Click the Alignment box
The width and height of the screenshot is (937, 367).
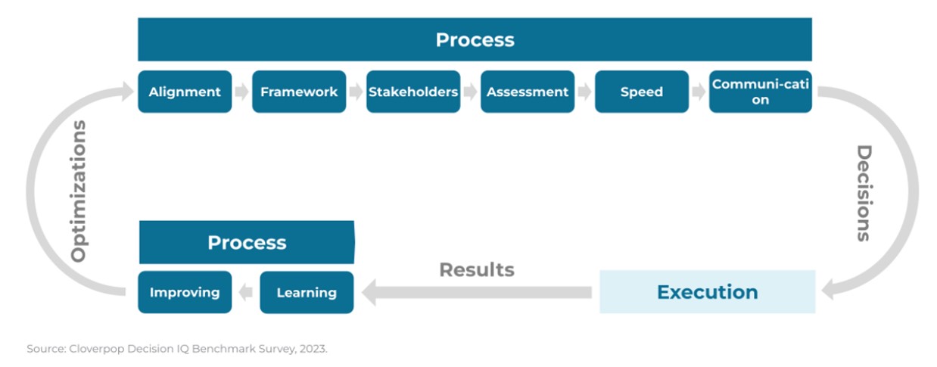pyautogui.click(x=185, y=92)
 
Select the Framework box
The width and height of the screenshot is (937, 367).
pyautogui.click(x=299, y=92)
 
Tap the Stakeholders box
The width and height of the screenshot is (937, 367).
pyautogui.click(x=413, y=92)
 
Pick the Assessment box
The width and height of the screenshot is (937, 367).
pyautogui.click(x=528, y=92)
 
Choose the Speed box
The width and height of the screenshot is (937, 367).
pyautogui.click(x=642, y=92)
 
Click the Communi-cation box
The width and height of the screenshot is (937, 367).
pyautogui.click(x=761, y=92)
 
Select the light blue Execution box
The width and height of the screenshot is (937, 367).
pyautogui.click(x=708, y=292)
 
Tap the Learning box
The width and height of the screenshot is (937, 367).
pyautogui.click(x=307, y=292)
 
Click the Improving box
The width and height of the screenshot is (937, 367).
pyautogui.click(x=185, y=292)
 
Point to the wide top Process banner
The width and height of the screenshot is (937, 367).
pyautogui.click(x=475, y=39)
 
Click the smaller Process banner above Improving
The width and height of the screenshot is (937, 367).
pyautogui.click(x=247, y=242)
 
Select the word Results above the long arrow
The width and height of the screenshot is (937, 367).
pyautogui.click(x=477, y=269)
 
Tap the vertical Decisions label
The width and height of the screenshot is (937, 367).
pyautogui.click(x=864, y=193)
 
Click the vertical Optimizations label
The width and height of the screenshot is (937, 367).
pyautogui.click(x=79, y=191)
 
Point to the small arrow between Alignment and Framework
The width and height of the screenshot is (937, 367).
pyautogui.click(x=241, y=92)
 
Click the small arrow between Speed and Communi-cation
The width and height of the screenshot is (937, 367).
pyautogui.click(x=699, y=92)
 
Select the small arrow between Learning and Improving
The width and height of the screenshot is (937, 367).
pyautogui.click(x=245, y=292)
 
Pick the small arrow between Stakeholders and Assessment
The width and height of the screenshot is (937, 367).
pyautogui.click(x=470, y=92)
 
